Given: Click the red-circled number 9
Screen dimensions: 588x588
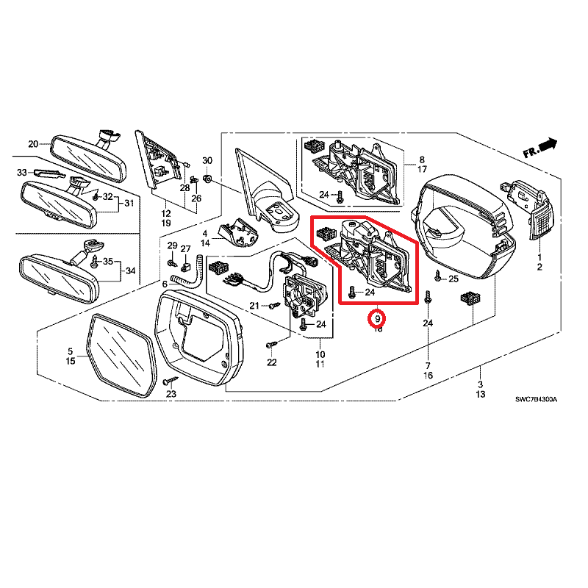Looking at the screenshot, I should point(378,320).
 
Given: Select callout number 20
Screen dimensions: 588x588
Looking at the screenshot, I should point(33,143).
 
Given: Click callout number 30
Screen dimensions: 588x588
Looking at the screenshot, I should point(207,161).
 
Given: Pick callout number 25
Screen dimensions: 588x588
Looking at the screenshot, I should point(453,279).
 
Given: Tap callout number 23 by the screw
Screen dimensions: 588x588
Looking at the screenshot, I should point(171,395).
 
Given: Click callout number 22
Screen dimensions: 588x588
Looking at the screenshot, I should point(272,362).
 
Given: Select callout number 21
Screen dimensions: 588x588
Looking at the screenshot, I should point(254,306).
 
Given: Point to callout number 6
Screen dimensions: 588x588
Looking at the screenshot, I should point(165,284).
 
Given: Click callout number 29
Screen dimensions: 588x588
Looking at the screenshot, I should point(172,245).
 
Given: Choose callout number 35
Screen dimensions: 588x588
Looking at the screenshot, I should point(107,262).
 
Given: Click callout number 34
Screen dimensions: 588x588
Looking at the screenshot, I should point(130,271).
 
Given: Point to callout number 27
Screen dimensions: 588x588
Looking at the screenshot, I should point(185,248).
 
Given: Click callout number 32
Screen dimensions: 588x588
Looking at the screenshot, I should point(107,197).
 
